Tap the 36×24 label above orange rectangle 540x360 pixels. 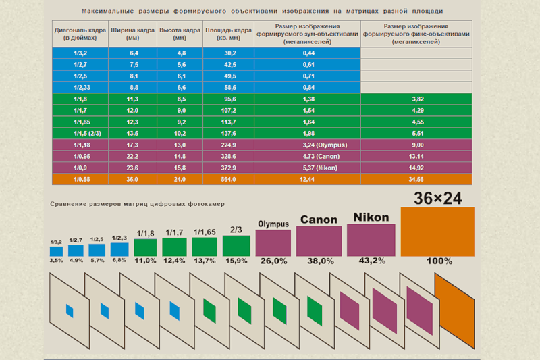437,198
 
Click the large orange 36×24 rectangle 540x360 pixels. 437,232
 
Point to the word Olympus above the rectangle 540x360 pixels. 273,224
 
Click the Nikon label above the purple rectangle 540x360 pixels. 371,217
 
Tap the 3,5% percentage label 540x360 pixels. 56,261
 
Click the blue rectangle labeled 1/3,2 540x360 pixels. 56,251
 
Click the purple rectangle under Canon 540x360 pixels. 319,241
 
